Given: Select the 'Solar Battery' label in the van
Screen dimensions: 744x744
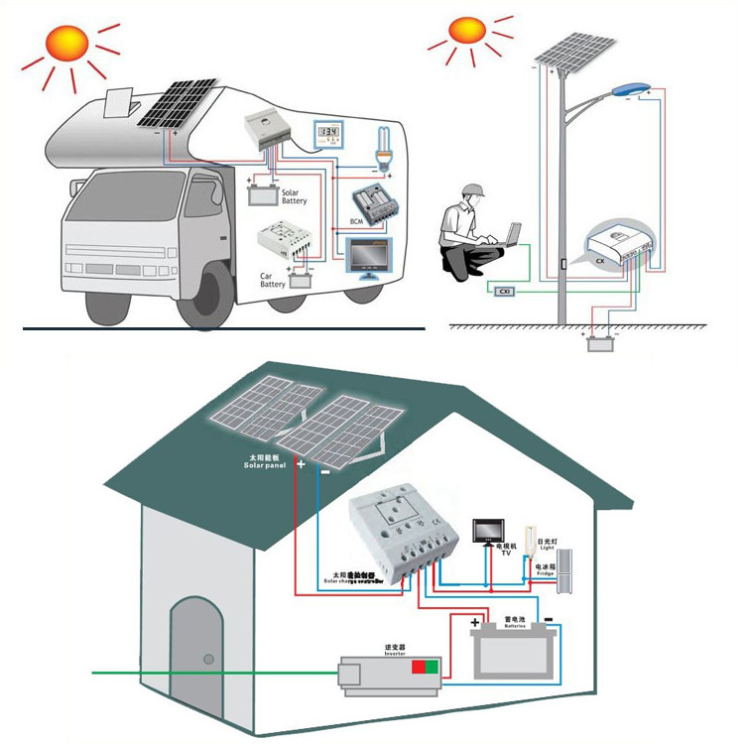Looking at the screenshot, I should (294, 196).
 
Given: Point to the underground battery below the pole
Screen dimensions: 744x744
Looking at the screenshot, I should (597, 346).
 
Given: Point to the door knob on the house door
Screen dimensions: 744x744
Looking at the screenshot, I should (209, 659).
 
